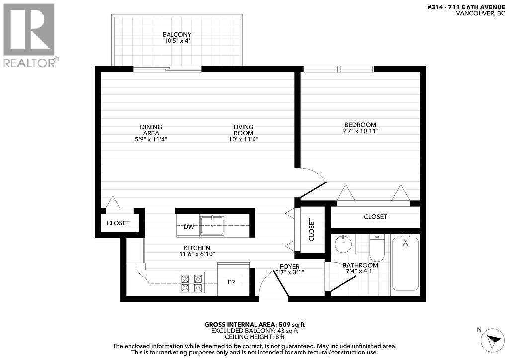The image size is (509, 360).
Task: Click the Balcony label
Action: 177,34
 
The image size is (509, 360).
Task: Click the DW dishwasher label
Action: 189,227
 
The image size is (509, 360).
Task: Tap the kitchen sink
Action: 212,225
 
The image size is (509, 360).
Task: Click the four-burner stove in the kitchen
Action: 191,283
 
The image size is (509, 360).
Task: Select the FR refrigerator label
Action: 231,282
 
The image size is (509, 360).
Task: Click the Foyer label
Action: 289,266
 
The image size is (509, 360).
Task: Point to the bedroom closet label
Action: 375,217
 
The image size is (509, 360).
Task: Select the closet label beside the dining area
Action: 118,223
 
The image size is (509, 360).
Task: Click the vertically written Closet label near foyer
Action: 312,230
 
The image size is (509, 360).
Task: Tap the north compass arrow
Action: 494,341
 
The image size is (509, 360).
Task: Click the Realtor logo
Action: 29,35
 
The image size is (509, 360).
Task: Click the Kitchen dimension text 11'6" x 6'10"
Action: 197,254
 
